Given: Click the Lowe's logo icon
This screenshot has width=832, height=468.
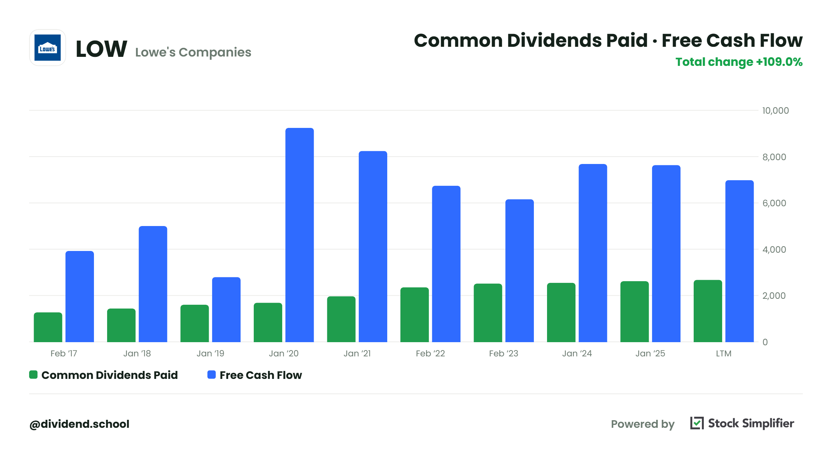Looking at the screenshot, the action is click(47, 47).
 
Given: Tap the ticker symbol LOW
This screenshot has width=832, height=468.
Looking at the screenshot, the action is click(101, 49).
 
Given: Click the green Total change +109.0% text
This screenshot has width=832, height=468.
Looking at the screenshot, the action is click(739, 62).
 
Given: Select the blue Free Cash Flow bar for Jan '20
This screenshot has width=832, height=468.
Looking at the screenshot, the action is click(300, 235).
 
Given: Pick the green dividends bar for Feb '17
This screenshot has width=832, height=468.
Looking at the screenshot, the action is click(48, 327).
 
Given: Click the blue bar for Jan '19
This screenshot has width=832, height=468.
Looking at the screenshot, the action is click(226, 310).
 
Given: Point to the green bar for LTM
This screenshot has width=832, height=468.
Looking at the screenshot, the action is click(708, 311).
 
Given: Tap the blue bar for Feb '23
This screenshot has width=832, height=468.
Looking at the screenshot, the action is click(520, 271).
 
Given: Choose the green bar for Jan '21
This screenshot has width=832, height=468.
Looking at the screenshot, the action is click(341, 319).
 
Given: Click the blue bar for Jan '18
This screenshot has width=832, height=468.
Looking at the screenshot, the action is click(153, 284).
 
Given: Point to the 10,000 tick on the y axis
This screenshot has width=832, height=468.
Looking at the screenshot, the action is click(775, 111).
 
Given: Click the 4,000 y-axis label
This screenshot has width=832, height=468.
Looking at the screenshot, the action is click(774, 250).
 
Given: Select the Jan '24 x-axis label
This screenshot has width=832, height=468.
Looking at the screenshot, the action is click(577, 353).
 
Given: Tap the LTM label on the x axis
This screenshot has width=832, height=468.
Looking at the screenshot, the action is click(724, 353).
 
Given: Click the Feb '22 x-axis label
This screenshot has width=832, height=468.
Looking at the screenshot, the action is click(430, 353).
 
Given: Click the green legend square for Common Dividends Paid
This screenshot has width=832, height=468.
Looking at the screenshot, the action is click(33, 375).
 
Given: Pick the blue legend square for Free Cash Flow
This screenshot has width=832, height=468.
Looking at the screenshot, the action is click(211, 375).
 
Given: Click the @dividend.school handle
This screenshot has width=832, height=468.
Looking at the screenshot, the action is click(79, 424).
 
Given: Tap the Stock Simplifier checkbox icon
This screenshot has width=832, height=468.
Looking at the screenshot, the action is click(697, 423).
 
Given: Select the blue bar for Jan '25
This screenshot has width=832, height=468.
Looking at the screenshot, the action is click(666, 254).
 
